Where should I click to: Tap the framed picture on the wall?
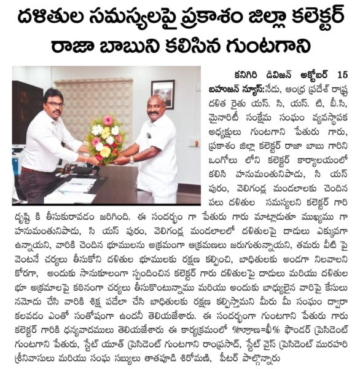[163, 94]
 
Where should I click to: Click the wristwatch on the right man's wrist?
[131, 160]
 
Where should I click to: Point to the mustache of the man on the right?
[152, 114]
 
